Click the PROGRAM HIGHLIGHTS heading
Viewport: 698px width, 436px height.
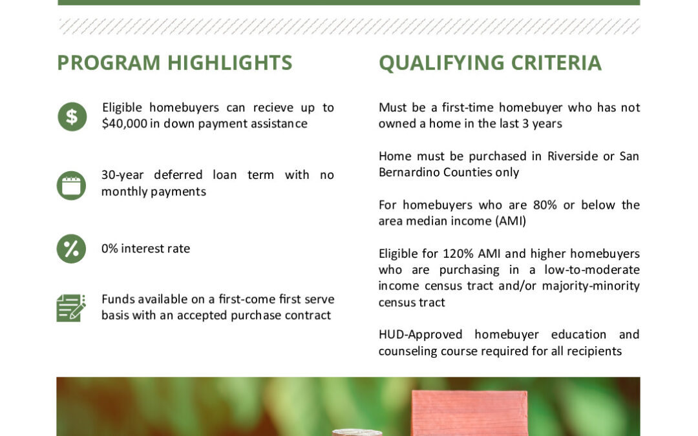(174, 63)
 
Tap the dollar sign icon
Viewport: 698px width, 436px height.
(72, 116)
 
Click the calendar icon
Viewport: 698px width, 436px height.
(71, 185)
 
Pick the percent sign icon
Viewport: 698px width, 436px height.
(71, 249)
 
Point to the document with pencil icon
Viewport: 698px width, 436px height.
(71, 307)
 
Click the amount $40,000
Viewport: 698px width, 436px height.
(124, 123)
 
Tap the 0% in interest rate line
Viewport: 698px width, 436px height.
(109, 248)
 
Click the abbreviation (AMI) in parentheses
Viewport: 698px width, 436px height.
(511, 221)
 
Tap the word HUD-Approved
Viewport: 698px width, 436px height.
(421, 335)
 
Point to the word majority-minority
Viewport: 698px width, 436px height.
(591, 286)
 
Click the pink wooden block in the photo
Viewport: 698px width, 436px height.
(470, 413)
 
